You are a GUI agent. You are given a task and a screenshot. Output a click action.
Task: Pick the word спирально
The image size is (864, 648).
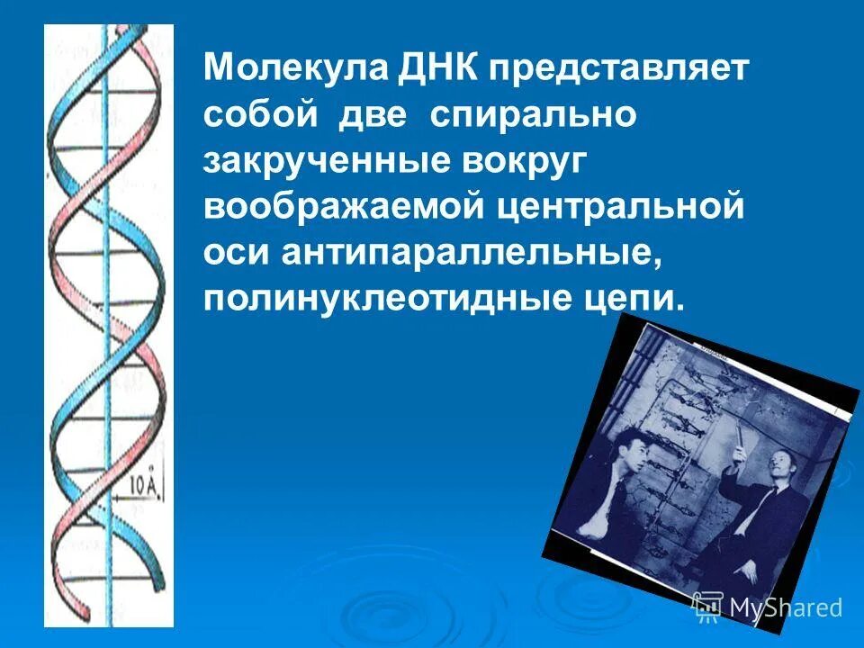pyautogui.click(x=534, y=116)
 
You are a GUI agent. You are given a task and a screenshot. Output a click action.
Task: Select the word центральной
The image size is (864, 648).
pyautogui.click(x=620, y=208)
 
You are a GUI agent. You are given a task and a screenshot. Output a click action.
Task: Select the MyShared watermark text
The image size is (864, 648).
pyautogui.click(x=786, y=607)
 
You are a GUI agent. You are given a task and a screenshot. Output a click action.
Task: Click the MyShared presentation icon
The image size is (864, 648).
pyautogui.click(x=707, y=607)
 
